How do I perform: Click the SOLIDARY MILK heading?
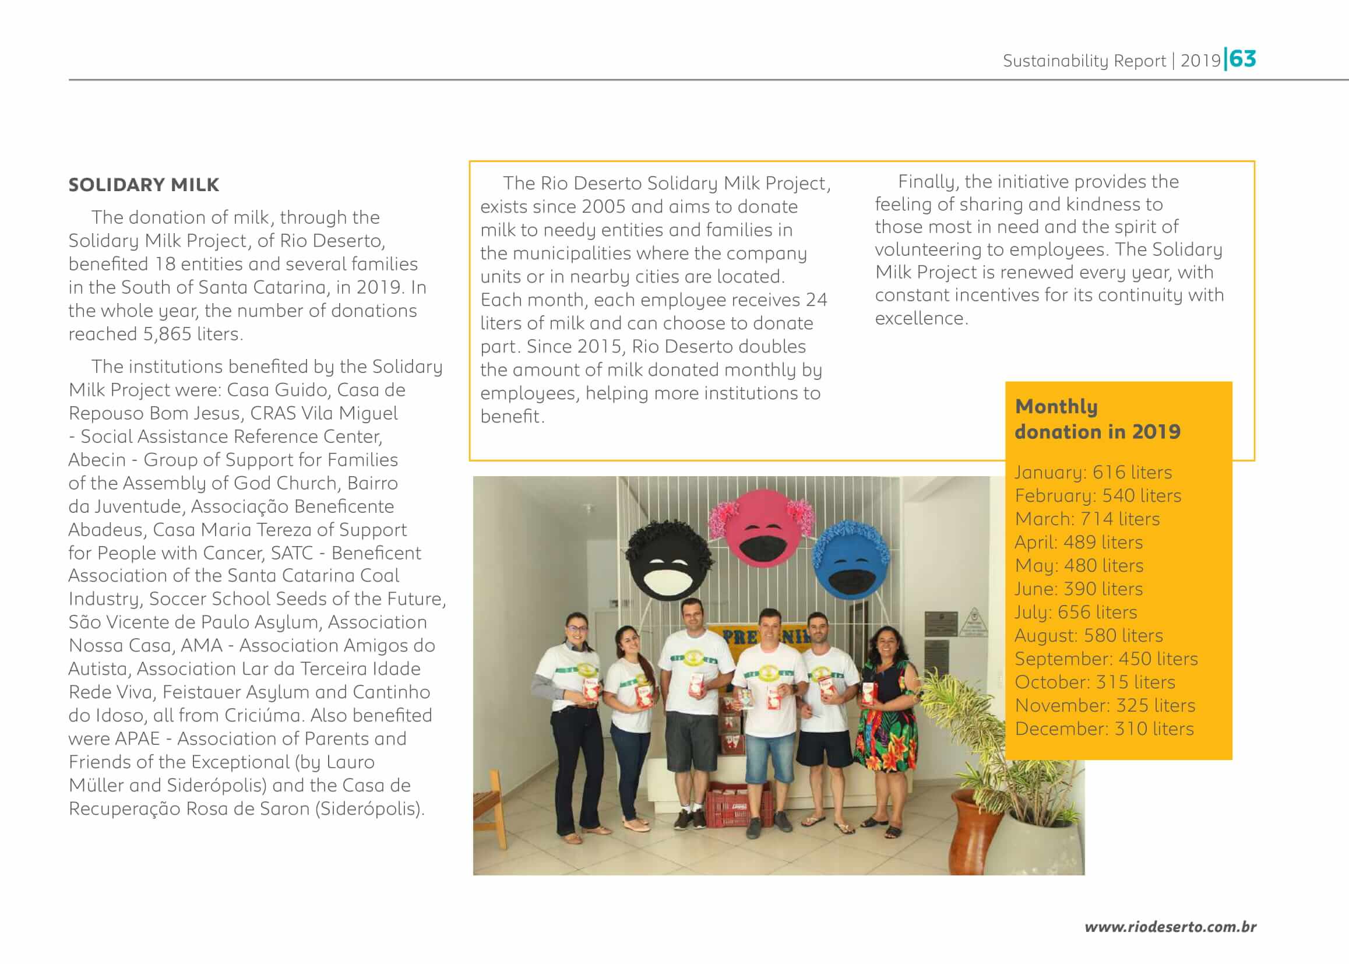[143, 185]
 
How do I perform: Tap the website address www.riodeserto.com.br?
[1170, 927]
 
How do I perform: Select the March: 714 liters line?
[1087, 519]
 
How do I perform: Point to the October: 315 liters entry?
[1094, 682]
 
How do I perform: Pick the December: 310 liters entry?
[1104, 729]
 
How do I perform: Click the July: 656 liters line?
[1075, 612]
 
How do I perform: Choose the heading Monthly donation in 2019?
[1097, 419]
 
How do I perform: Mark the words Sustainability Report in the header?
[1084, 61]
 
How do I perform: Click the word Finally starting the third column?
[928, 182]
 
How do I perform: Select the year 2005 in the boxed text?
[604, 206]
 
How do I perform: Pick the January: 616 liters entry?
[1093, 473]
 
